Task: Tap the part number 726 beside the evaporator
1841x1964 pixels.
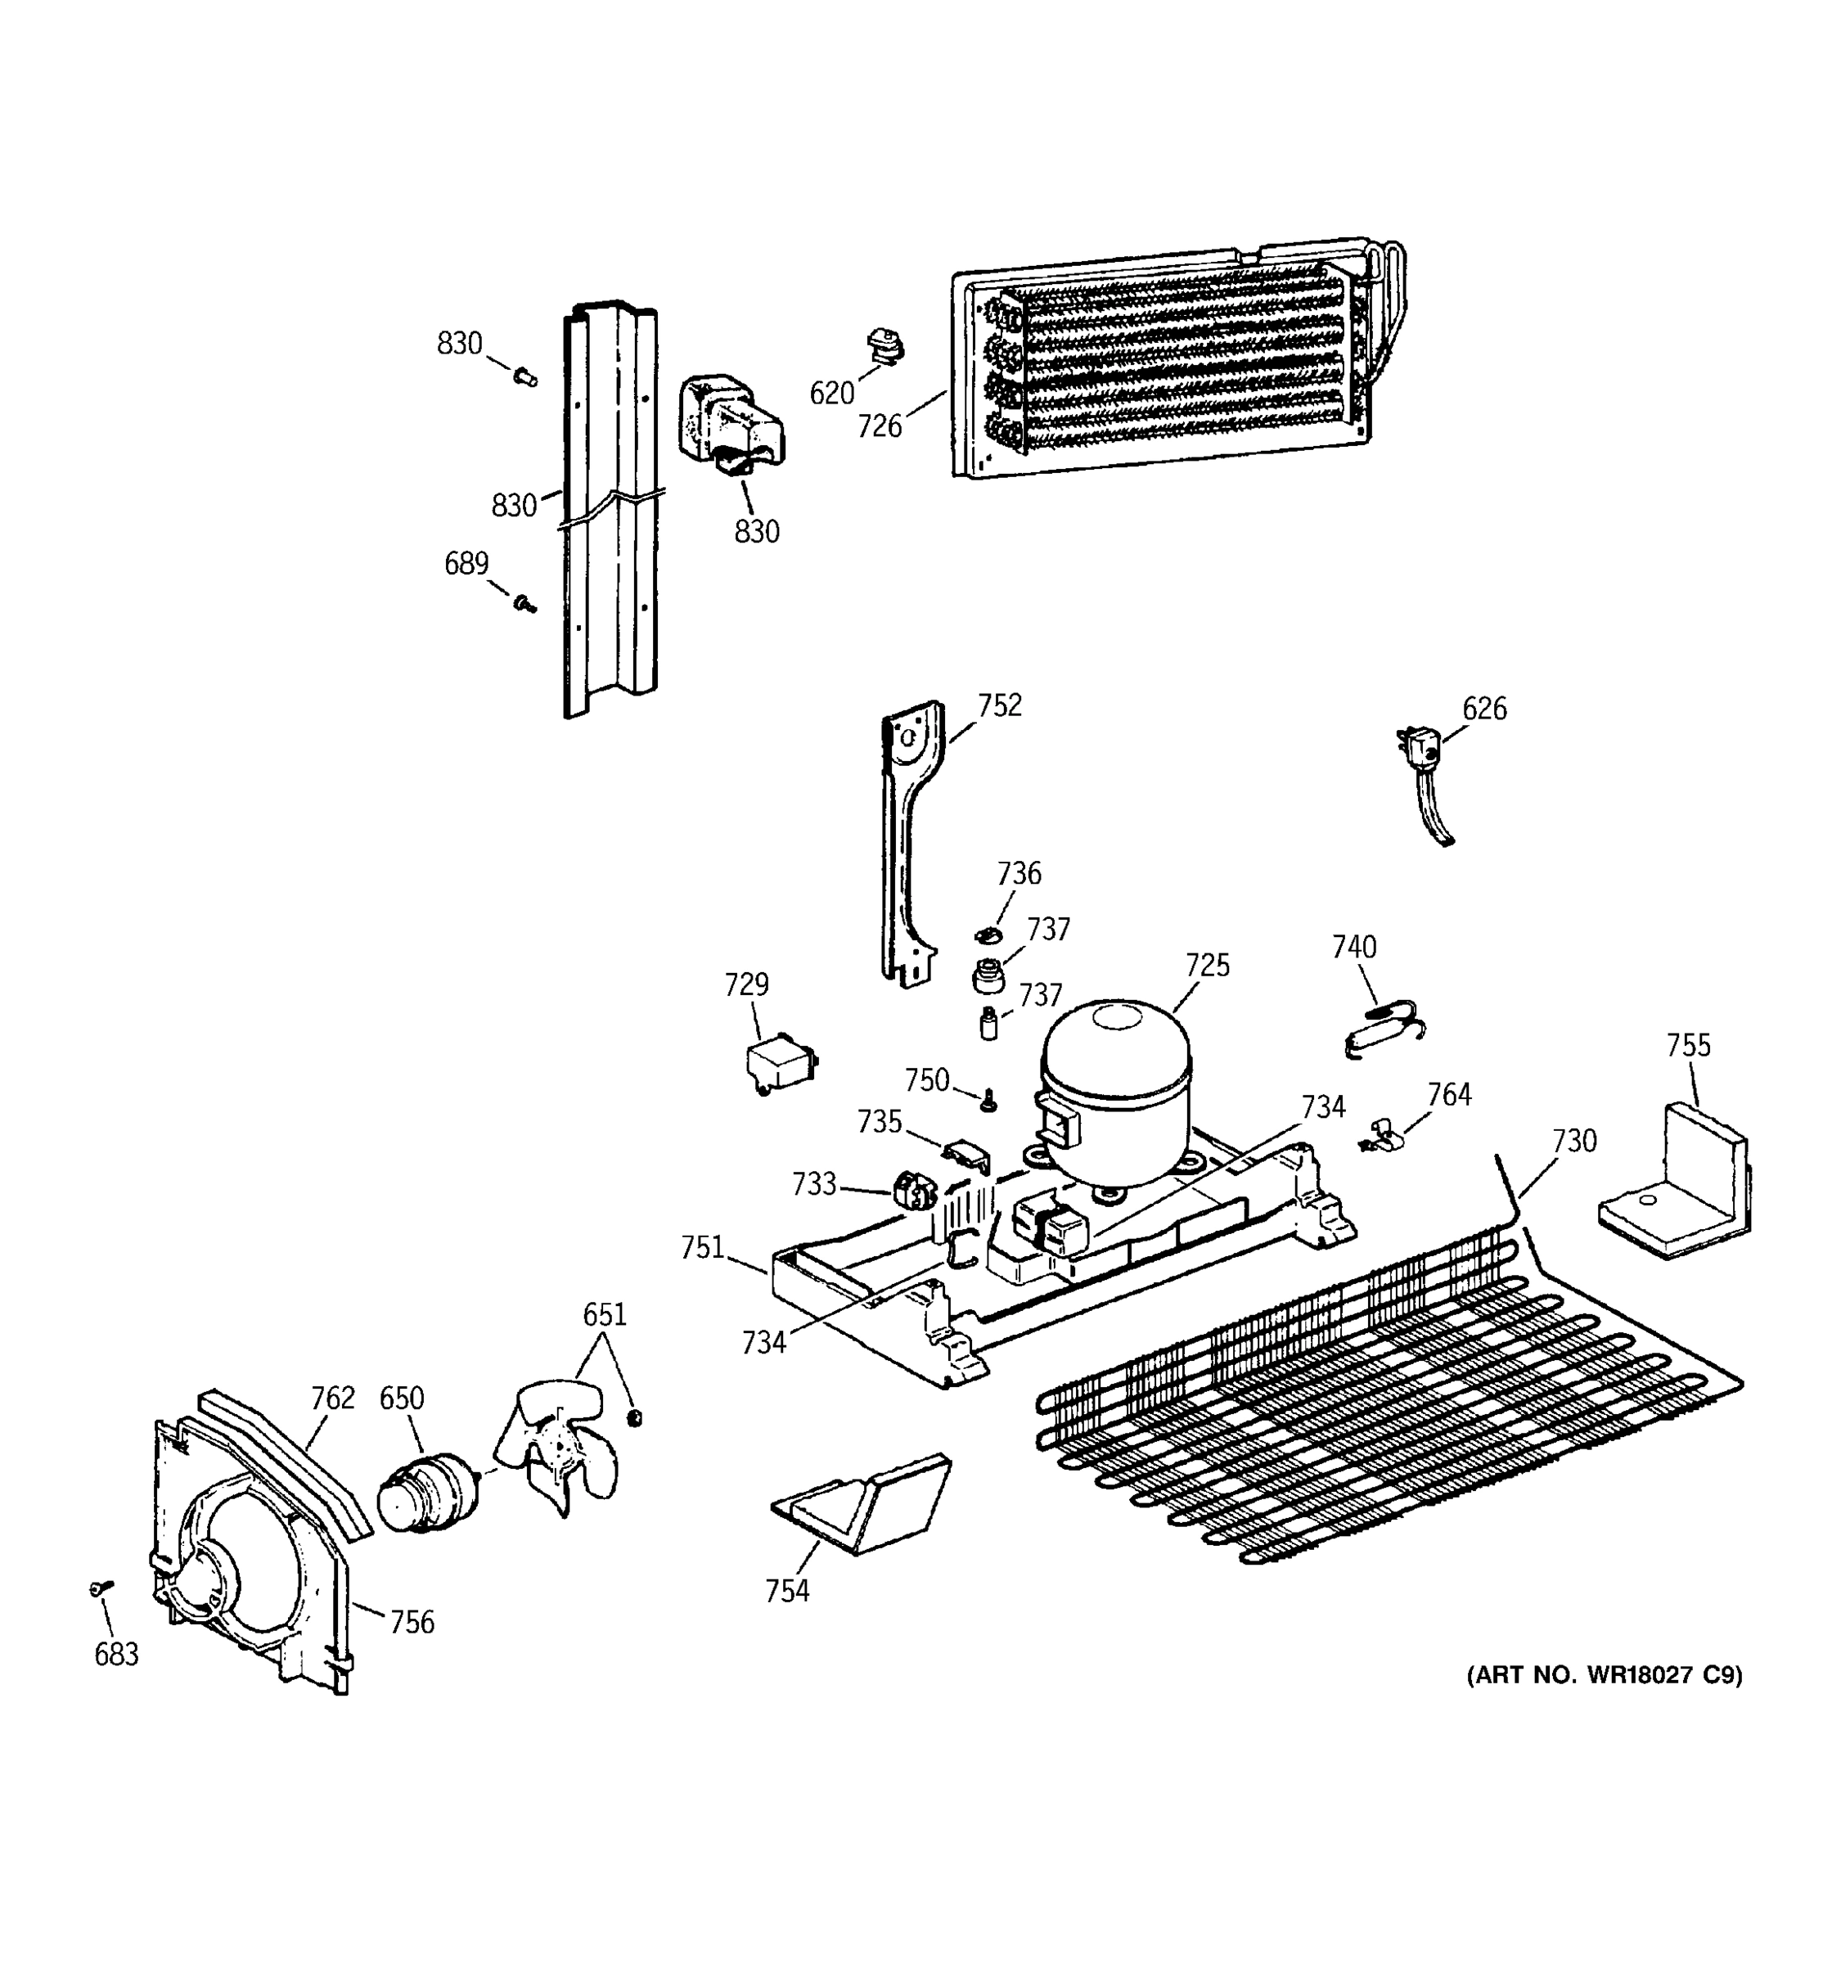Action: [x=879, y=427]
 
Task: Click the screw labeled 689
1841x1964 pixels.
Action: [x=524, y=602]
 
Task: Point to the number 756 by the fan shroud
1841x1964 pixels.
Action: [x=412, y=1622]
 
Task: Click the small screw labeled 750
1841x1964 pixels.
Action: [x=987, y=1101]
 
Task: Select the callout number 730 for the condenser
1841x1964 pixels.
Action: [x=1573, y=1141]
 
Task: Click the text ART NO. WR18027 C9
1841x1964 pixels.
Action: [x=1604, y=1674]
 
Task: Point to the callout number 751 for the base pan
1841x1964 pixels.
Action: [x=702, y=1248]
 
